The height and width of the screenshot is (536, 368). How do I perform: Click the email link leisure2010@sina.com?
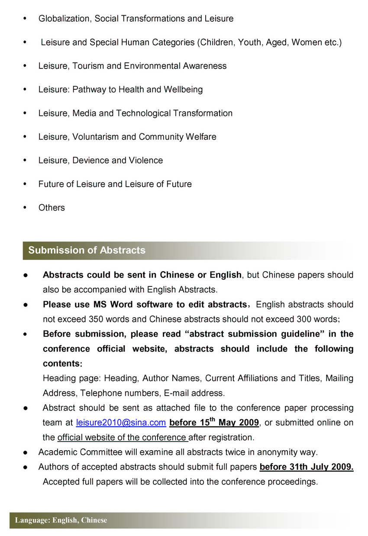point(121,422)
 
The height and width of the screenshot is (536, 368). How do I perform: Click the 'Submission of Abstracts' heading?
point(87,250)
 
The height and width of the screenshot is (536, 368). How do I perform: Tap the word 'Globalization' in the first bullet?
point(64,19)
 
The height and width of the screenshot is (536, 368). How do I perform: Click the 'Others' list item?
point(52,208)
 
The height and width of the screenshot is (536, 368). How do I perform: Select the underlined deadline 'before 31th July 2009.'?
point(307,467)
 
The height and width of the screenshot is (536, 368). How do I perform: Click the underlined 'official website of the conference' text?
point(122,437)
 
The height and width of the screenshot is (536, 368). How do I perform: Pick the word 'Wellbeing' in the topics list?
point(183,90)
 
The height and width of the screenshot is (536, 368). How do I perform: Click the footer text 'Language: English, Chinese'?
point(61,520)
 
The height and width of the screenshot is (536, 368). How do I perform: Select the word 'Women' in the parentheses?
point(307,42)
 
